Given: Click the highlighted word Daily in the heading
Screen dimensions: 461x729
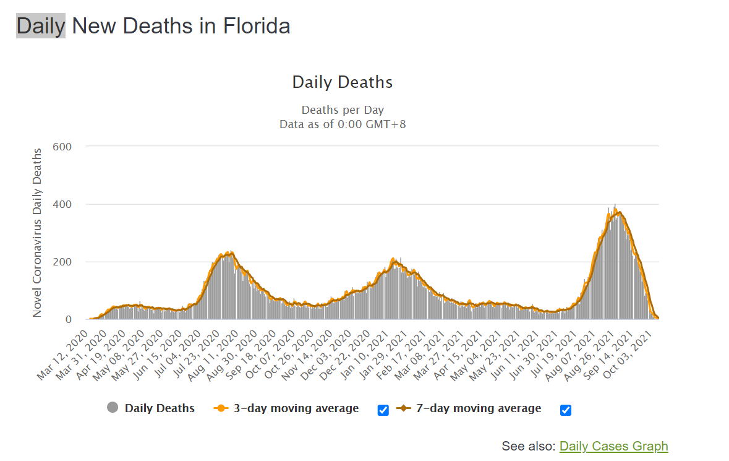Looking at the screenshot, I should click(x=41, y=26).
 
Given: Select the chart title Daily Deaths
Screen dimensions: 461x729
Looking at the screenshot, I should click(x=342, y=82).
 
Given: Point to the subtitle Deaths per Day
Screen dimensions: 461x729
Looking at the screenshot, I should click(x=343, y=111).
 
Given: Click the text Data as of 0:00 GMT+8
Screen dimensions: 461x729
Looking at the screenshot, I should click(x=343, y=124).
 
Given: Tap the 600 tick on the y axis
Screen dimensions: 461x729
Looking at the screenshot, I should click(x=63, y=147).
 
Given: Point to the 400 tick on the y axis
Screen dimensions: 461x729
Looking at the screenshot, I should click(x=63, y=204).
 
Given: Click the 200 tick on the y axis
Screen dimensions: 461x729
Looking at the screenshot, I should click(x=63, y=262).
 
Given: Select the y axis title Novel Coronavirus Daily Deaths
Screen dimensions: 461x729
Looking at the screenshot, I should click(x=38, y=233).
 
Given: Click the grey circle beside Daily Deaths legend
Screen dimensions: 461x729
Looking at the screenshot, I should click(x=113, y=408).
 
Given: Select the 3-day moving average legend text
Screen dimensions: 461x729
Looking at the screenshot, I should click(x=296, y=408).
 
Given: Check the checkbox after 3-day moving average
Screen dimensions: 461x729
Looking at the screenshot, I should click(x=383, y=410).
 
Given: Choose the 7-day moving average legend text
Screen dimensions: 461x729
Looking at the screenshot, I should click(x=478, y=408).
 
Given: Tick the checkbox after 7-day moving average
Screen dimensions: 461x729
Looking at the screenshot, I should click(x=566, y=410).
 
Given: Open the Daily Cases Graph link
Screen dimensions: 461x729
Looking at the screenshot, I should click(x=613, y=446).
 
